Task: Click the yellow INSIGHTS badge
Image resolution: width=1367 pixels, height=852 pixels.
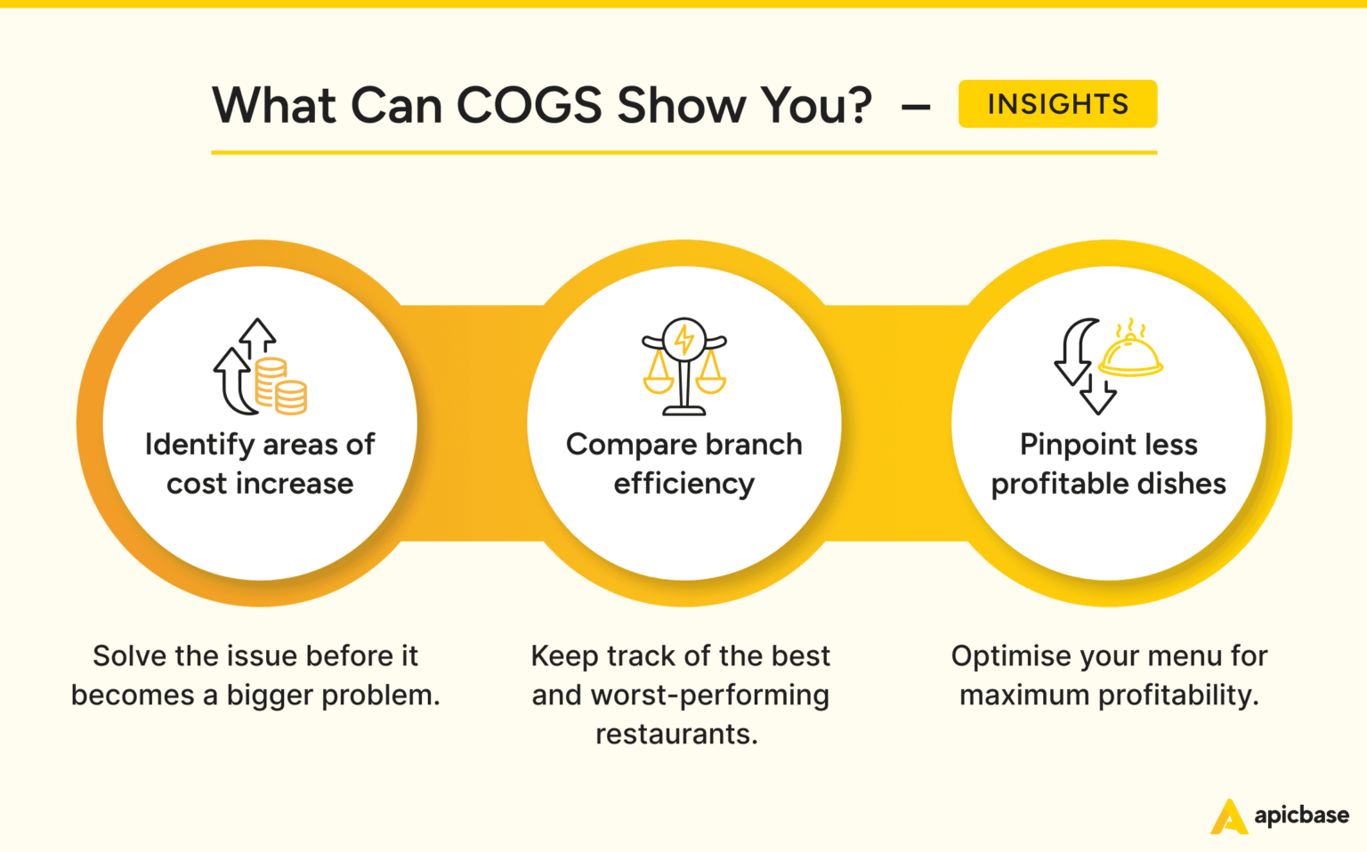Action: [1057, 104]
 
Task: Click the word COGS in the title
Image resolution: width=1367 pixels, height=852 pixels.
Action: [530, 106]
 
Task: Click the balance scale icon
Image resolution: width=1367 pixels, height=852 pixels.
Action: [684, 366]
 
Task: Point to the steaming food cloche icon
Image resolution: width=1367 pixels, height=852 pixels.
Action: [1130, 350]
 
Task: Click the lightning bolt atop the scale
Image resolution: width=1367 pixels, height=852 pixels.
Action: [684, 338]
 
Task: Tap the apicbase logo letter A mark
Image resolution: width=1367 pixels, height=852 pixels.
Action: [1229, 816]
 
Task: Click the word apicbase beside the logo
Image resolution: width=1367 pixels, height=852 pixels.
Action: [1301, 816]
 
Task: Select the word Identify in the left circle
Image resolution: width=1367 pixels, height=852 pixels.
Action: [199, 445]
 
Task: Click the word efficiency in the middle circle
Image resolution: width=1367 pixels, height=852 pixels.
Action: [683, 484]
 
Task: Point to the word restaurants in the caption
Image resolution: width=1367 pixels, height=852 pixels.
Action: [675, 735]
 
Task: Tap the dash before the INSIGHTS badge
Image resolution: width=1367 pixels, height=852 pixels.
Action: [916, 108]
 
